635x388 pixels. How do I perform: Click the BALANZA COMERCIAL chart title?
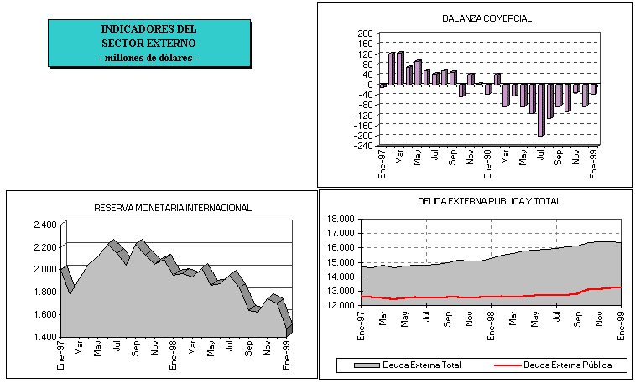pos(487,18)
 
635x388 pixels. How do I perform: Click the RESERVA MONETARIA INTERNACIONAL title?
pos(172,208)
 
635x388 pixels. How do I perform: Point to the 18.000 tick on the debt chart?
pos(345,219)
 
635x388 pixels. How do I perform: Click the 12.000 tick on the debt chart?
pos(345,305)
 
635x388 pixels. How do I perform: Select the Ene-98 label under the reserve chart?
pos(173,355)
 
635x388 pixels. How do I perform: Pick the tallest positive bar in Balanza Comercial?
pos(400,69)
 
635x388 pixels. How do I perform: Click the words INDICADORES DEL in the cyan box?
pos(148,29)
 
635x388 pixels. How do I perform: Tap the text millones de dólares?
pos(148,58)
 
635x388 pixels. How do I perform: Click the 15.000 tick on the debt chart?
pos(345,262)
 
